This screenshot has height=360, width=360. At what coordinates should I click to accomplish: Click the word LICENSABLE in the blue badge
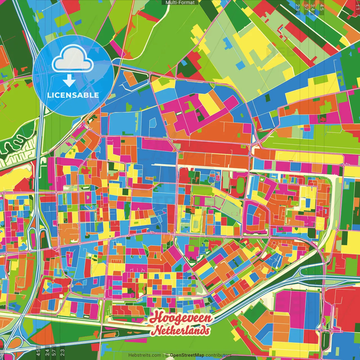click(73, 95)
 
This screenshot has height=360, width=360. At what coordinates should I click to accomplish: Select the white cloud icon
click(73, 60)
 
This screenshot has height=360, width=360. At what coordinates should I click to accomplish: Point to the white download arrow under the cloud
click(69, 81)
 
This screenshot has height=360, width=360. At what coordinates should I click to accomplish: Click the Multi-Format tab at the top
click(180, 3)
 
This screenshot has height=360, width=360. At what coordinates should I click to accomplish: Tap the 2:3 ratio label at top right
click(298, 7)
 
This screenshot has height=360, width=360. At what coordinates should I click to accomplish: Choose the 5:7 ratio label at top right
click(306, 7)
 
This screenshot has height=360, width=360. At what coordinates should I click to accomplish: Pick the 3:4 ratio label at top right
click(313, 7)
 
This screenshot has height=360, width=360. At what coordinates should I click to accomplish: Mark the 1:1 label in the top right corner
click(357, 6)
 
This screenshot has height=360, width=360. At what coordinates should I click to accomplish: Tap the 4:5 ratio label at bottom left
click(38, 353)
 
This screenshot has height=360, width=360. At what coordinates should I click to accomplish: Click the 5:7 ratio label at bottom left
click(54, 353)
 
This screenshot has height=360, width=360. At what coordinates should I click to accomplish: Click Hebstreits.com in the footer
click(145, 355)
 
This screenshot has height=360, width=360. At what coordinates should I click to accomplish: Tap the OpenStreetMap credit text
click(187, 355)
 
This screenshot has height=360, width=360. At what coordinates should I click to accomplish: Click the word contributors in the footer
click(219, 355)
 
